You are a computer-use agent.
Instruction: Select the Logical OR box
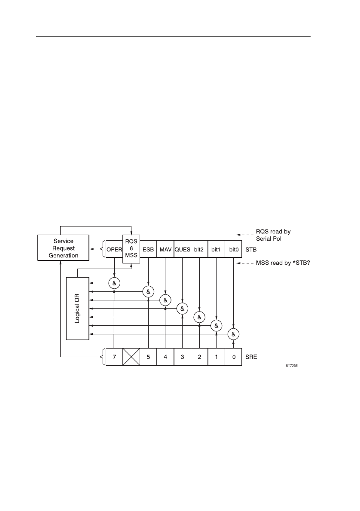coord(77,308)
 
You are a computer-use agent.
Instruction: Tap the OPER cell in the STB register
coord(114,249)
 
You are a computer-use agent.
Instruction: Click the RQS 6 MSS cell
coord(131,248)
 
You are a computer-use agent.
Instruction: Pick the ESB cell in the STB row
coord(148,249)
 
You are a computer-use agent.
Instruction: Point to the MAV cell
coord(165,249)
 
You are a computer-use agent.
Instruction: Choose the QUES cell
coord(183,249)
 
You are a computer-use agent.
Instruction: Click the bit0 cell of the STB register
coord(233,249)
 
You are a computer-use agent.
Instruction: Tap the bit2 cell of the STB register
coord(199,249)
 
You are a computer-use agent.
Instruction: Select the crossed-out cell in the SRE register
coord(131,357)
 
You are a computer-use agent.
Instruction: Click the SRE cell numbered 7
coord(114,357)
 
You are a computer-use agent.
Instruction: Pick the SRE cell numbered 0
coord(233,357)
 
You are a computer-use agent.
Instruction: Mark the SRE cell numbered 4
coord(165,357)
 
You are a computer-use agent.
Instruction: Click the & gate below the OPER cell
coord(114,283)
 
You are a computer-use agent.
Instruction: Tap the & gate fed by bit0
coord(233,334)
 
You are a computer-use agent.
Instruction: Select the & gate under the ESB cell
coord(148,291)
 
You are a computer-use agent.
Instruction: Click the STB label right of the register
coord(250,249)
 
